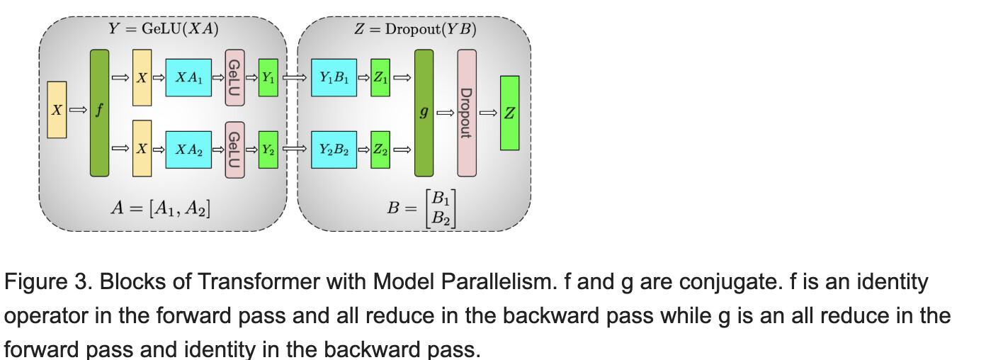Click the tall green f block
tap(100, 113)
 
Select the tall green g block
tap(424, 113)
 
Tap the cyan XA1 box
tap(188, 79)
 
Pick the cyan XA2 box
tap(188, 150)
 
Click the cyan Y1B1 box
tap(334, 79)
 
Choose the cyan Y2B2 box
tap(334, 150)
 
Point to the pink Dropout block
tap(467, 113)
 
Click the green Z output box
tap(509, 113)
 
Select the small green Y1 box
tap(268, 79)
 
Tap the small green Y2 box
tap(268, 150)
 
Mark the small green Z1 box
tap(380, 79)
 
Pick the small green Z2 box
tap(380, 150)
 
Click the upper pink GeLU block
tap(234, 79)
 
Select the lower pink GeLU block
tap(234, 150)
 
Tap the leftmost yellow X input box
tap(57, 110)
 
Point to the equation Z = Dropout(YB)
tap(415, 29)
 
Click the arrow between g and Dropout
tap(445, 113)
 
